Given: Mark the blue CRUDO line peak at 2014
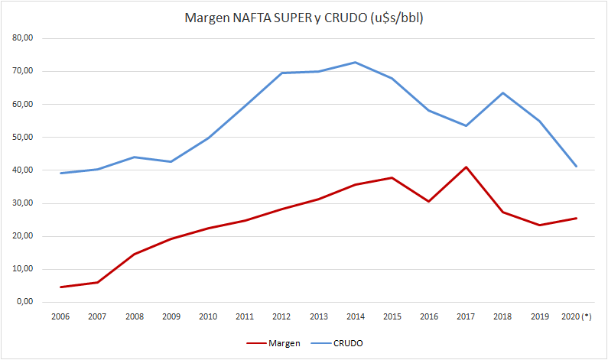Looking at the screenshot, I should tap(355, 62).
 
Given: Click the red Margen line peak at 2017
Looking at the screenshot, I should tap(466, 167).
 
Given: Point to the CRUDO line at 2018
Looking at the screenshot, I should tap(502, 93).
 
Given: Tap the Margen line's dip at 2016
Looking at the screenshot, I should tap(429, 201).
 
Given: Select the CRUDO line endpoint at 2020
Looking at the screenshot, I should tap(576, 167).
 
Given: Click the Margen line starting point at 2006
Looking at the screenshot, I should tap(61, 287).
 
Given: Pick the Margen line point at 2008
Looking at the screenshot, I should tap(135, 254).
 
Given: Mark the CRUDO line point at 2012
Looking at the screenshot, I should tap(281, 73).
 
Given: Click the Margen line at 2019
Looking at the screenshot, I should tap(539, 225).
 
